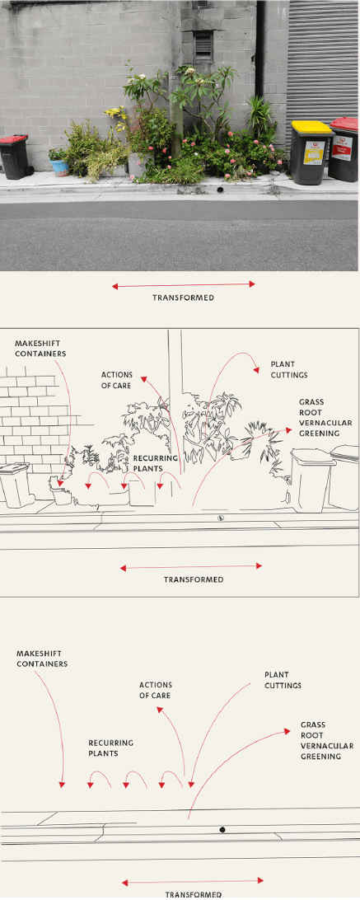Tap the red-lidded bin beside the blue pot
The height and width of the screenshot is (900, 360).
point(14,156)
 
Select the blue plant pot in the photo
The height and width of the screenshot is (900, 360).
point(60,167)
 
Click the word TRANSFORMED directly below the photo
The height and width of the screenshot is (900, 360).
point(183,298)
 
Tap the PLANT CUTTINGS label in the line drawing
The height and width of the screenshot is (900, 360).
point(288,369)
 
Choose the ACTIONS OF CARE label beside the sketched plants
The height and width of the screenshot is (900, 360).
point(117,380)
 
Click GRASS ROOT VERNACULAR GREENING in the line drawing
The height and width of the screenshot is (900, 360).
point(325,418)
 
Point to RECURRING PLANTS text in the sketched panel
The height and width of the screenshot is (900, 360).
point(155,462)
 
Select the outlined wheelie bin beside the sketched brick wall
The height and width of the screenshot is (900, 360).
point(15,485)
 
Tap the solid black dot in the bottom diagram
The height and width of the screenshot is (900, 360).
point(222,829)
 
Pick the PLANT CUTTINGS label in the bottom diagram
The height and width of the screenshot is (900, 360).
point(283,680)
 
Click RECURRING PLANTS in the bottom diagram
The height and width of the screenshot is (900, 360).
point(110,748)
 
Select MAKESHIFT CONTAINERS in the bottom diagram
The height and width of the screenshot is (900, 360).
point(42,659)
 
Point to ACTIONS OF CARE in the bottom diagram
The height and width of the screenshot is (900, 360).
point(155,690)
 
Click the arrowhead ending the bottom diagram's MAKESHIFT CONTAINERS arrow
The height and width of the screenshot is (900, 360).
point(62,785)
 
